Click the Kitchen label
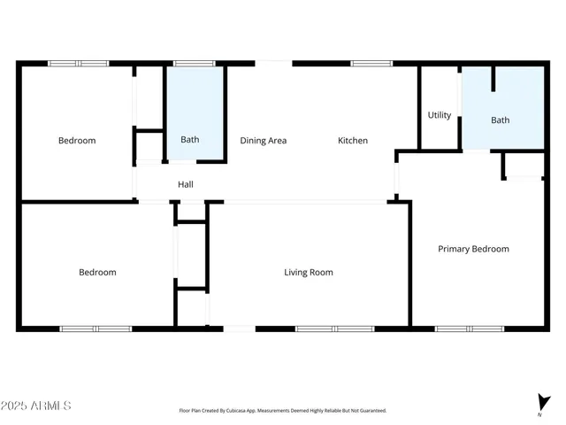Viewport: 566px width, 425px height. click(353, 141)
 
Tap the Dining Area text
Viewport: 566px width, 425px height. click(264, 141)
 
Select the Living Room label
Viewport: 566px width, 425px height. click(309, 273)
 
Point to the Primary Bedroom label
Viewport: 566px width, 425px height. click(474, 250)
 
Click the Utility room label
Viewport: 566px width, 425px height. click(440, 115)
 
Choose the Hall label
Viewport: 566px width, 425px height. click(186, 185)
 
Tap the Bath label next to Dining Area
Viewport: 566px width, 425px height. click(190, 140)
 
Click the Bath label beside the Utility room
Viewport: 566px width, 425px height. click(501, 120)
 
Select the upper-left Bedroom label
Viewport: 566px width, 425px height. click(77, 141)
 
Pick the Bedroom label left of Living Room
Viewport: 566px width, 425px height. click(97, 273)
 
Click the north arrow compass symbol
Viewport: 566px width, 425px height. click(541, 403)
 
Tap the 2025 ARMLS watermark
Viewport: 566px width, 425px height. click(36, 406)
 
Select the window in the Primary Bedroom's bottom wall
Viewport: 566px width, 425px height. click(470, 329)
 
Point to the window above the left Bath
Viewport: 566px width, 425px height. click(194, 64)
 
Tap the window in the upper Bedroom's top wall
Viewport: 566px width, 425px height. click(78, 64)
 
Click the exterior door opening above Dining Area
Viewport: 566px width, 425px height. click(273, 64)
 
